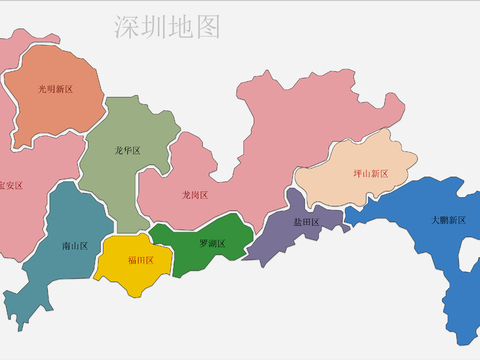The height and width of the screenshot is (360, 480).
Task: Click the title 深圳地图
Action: (166, 27)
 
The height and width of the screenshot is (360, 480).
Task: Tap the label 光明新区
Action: (56, 89)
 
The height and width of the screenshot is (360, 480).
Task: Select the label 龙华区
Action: (128, 151)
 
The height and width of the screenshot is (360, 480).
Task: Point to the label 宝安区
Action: (10, 185)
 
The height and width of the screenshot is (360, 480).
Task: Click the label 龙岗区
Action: (194, 194)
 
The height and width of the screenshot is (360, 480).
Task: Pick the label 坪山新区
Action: (370, 173)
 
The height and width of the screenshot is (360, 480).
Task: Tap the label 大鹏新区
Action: (449, 219)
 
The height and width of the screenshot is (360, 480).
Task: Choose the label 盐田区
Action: (306, 222)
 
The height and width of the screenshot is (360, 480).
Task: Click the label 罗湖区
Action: (212, 243)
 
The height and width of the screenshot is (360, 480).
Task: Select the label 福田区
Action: (140, 260)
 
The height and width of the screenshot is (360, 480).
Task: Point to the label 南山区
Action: (75, 245)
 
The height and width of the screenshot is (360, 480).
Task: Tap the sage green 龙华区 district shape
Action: (120, 185)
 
